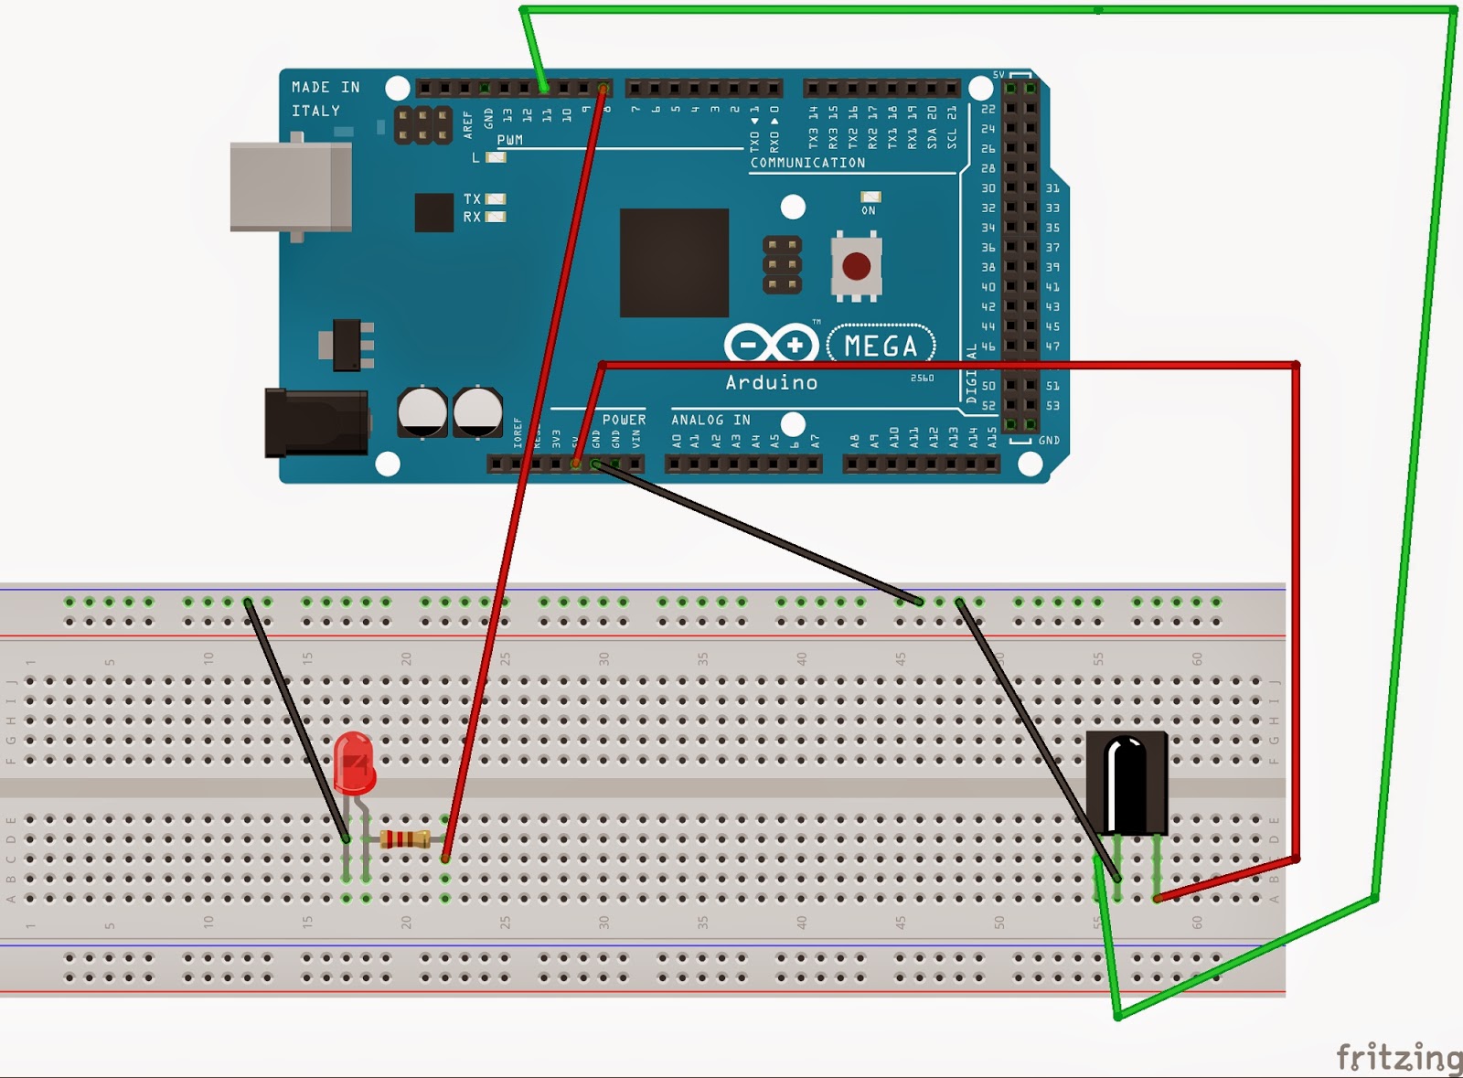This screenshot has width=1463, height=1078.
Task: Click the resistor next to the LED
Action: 404,838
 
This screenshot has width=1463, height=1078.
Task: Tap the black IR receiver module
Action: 1127,783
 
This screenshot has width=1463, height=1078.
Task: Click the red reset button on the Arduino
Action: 857,266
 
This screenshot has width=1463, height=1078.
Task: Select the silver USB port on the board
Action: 290,187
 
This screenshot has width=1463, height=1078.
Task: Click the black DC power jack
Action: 316,422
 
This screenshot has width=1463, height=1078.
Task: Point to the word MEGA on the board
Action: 881,346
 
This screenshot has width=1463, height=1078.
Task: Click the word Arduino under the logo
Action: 771,382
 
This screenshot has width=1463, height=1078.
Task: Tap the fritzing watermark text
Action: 1399,1057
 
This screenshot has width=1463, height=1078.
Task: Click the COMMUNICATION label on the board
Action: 807,163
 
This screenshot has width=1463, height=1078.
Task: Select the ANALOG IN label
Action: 710,420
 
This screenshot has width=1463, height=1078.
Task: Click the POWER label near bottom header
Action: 624,420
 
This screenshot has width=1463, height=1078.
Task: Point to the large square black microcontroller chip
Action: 674,262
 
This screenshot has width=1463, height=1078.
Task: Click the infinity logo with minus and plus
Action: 771,345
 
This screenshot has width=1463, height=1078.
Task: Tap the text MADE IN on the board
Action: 326,87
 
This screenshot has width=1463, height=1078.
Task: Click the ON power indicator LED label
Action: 868,210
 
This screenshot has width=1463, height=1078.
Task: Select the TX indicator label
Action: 472,198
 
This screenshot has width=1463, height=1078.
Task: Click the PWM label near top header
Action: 509,140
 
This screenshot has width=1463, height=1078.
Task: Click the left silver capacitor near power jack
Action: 422,411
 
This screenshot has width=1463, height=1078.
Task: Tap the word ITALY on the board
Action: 315,111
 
